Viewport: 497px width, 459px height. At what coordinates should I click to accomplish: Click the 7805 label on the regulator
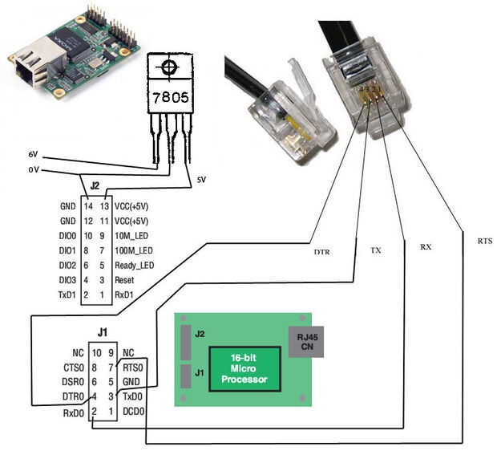(170, 100)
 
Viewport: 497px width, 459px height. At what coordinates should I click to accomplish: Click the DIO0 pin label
(67, 235)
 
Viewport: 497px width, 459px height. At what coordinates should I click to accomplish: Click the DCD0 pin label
(135, 411)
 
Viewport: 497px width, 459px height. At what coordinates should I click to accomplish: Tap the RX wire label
(426, 247)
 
